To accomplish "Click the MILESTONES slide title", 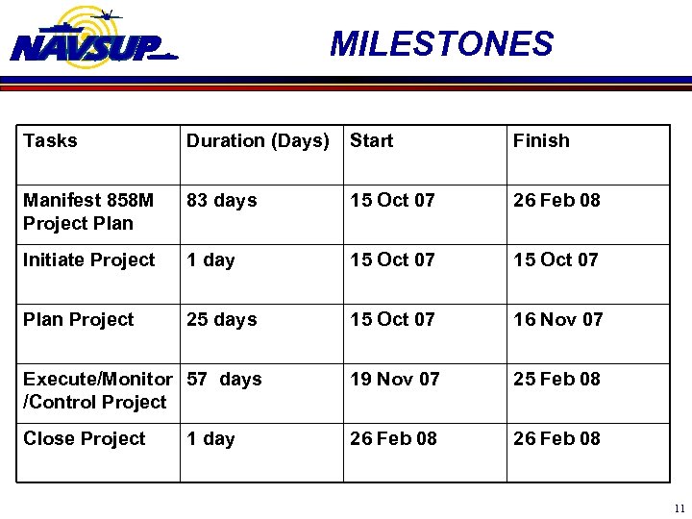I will pos(441,44).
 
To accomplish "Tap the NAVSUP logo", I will pos(93,39).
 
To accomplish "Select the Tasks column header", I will pos(50,141).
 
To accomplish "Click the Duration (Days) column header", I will pos(258,141).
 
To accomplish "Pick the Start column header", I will pos(372,141).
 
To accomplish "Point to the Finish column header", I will pos(541,141).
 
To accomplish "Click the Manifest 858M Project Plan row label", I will pos(88,211).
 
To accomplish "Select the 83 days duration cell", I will pos(222,201).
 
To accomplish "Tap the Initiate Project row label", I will pos(88,260).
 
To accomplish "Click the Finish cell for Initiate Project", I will pos(556,260).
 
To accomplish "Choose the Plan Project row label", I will pos(79,320).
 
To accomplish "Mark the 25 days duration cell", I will pos(222,320).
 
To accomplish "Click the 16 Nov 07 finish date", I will pos(558,320).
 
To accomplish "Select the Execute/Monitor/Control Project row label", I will pos(96,390).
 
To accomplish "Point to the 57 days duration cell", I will pos(225,380).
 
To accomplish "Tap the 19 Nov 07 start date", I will pos(395,380).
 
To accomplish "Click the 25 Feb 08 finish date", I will pos(556,380).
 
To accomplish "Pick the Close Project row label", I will pos(85,439).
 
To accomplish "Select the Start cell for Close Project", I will pos(393,439).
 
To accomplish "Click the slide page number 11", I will pos(680,508).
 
